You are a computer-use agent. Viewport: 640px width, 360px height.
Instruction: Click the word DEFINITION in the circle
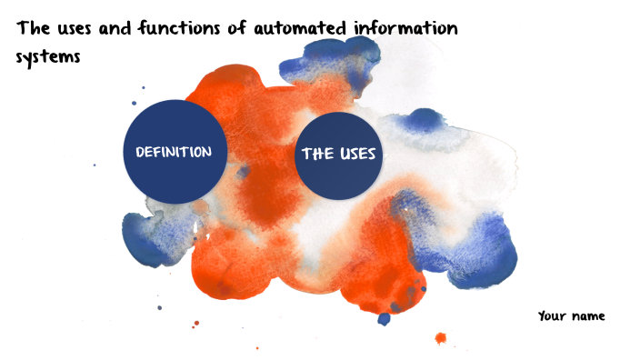tap(174, 152)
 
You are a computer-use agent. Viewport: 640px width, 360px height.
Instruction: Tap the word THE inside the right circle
tap(316, 155)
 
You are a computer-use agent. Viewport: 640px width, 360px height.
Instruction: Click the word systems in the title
tap(49, 57)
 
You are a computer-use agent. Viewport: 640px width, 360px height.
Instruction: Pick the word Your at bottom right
tap(553, 316)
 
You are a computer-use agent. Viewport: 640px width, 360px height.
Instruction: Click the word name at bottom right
tap(588, 316)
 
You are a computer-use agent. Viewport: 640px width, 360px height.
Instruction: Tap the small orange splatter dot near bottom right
tap(441, 339)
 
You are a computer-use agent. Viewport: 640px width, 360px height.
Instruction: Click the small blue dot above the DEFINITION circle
tap(143, 88)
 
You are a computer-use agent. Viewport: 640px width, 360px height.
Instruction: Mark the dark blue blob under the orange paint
tap(384, 318)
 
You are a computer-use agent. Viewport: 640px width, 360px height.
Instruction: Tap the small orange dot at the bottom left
tap(195, 323)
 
